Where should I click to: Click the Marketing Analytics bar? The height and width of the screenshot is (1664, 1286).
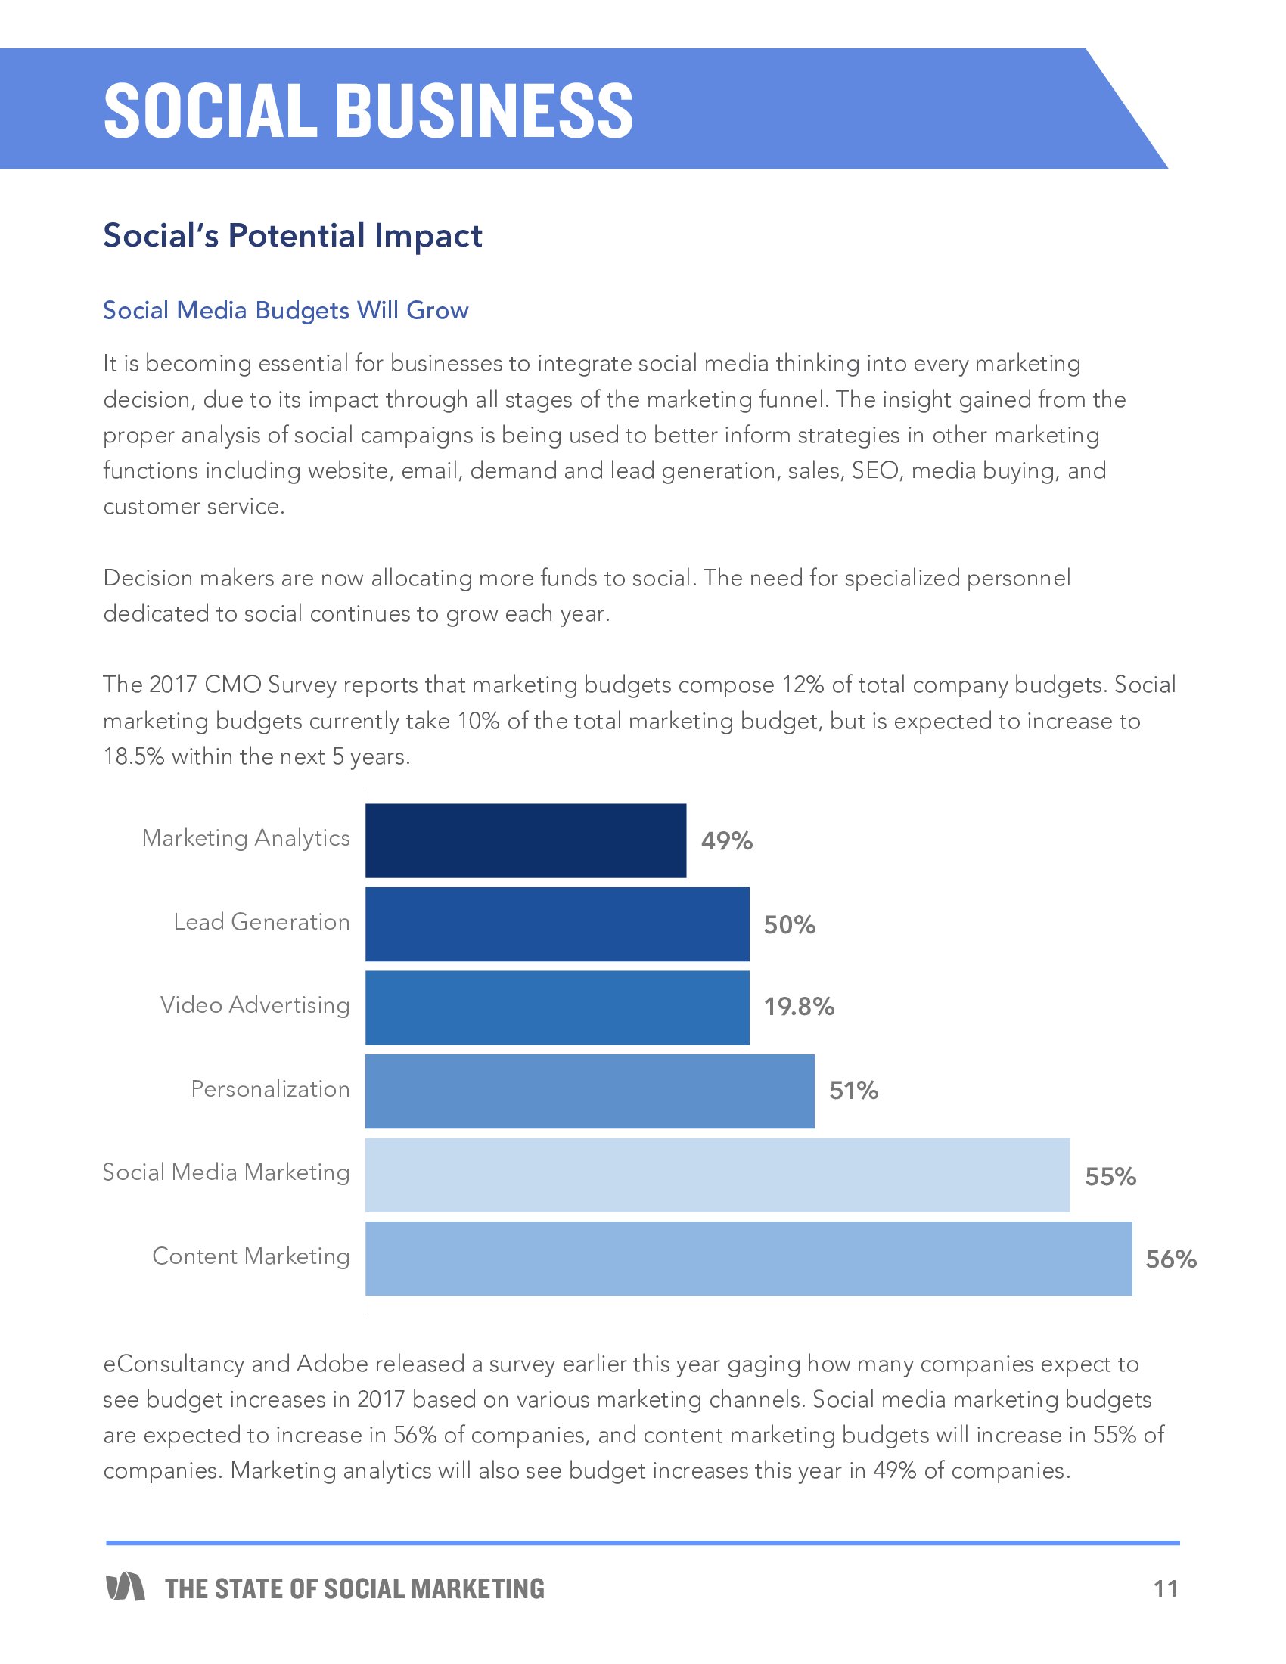525,840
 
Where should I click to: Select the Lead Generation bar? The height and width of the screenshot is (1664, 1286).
557,924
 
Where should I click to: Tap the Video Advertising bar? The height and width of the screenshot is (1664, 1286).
557,1007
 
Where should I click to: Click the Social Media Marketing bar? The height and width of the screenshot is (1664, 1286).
717,1175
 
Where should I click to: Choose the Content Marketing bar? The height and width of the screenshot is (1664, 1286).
748,1259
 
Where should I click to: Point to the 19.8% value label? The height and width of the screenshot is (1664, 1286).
799,1007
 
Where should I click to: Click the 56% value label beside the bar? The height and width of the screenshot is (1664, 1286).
1171,1259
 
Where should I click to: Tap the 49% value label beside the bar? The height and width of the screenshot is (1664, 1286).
727,840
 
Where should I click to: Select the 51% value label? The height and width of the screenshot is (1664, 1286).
853,1091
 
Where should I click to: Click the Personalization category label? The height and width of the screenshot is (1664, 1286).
270,1089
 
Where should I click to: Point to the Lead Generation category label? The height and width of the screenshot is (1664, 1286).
261,922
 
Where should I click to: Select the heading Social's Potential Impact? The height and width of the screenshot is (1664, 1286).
293,235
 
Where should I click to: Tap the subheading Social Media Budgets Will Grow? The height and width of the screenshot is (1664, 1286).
286,310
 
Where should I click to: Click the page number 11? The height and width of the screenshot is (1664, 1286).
1166,1588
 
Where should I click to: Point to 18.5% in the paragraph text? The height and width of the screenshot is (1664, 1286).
133,756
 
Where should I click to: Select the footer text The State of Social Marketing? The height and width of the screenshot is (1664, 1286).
355,1588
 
